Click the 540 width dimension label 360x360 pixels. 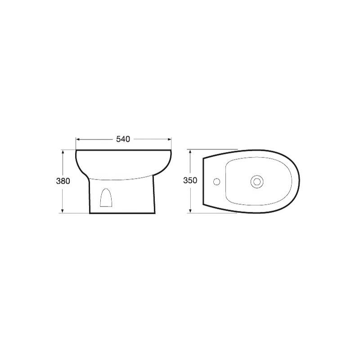tap(123, 139)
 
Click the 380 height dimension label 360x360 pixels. tap(63, 181)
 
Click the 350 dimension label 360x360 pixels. tap(190, 180)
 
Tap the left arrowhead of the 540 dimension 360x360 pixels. tap(78, 139)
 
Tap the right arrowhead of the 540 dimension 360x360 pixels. tap(170, 139)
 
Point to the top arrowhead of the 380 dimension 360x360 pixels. tap(63, 152)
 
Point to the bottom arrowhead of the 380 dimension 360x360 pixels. tap(63, 211)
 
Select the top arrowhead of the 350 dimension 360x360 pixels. tap(190, 152)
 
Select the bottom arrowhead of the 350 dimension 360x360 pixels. tap(190, 211)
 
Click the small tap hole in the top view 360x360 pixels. tap(216, 182)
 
